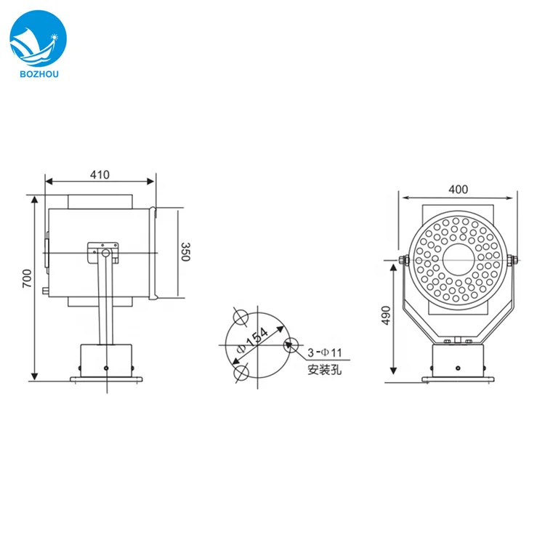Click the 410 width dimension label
point(100,174)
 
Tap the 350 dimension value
point(185,253)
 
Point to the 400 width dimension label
point(458,190)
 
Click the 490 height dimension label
point(387,316)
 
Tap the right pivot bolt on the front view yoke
point(514,259)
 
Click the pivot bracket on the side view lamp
point(103,251)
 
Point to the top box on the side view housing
point(101,201)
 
